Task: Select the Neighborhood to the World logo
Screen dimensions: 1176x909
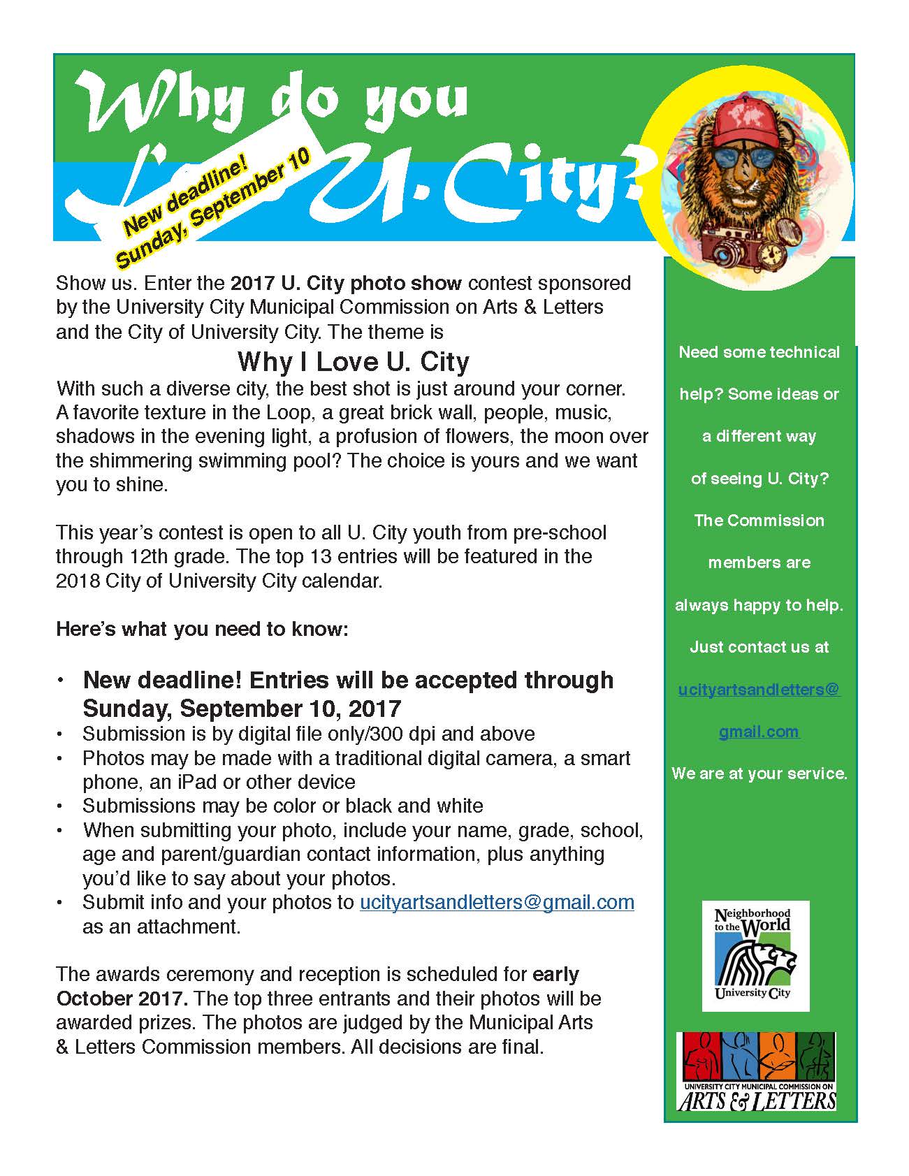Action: (x=755, y=955)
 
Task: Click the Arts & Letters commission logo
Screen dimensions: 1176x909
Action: (x=757, y=1071)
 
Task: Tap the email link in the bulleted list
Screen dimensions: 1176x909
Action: (x=497, y=902)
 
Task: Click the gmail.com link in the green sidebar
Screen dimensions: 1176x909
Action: (x=759, y=732)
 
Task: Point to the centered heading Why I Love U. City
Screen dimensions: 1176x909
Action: (x=353, y=361)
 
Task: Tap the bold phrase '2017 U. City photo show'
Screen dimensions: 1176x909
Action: (x=346, y=283)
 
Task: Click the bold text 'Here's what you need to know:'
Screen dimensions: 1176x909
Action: (x=202, y=629)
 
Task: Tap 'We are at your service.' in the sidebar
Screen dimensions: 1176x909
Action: (x=759, y=774)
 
